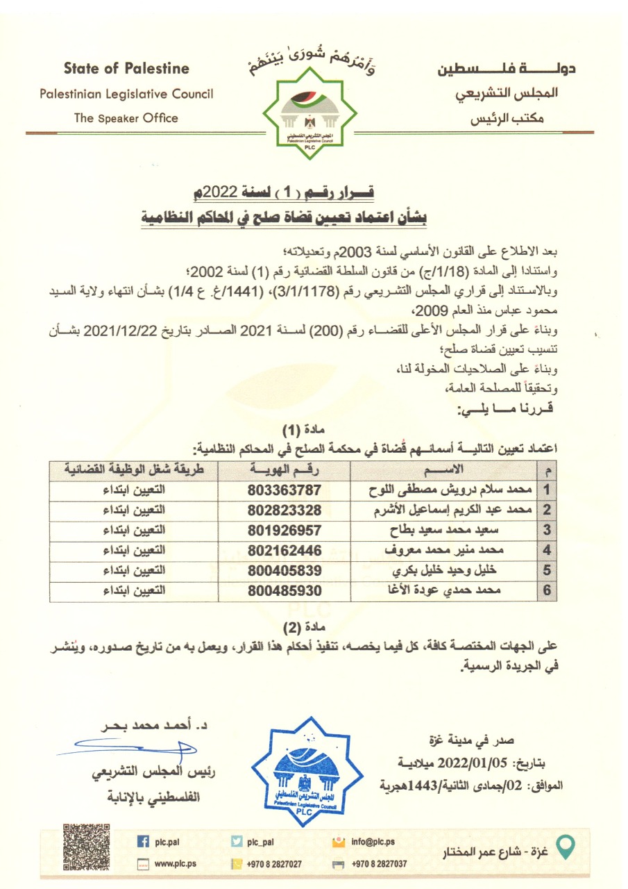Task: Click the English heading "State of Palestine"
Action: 126,68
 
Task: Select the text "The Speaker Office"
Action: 126,118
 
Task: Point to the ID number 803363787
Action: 285,489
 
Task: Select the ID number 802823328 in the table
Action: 285,509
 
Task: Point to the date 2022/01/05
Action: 482,763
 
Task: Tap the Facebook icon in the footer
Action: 144,842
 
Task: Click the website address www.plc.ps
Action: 176,864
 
